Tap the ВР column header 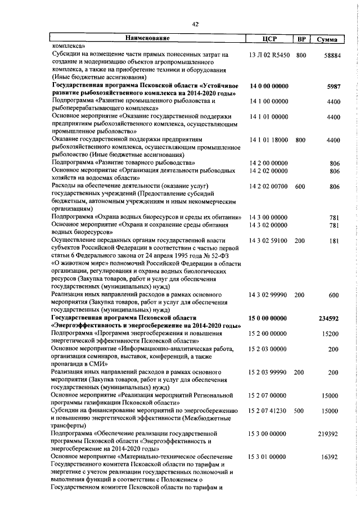301,39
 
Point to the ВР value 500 299,411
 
